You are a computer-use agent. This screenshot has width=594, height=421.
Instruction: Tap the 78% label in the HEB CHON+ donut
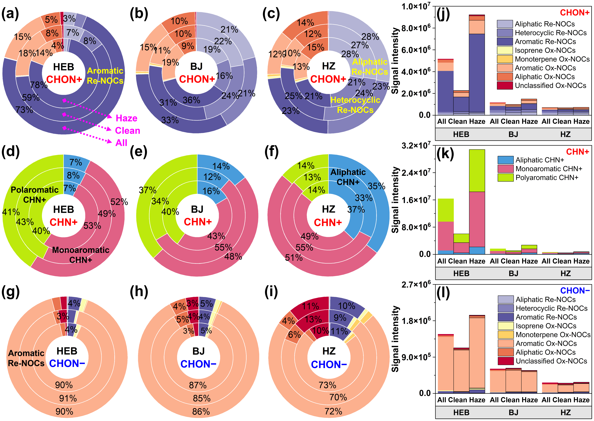click(x=39, y=85)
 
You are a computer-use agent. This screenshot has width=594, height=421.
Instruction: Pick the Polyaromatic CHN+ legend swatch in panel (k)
click(x=505, y=178)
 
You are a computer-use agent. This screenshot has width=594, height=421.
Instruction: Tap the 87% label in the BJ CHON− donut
click(x=198, y=385)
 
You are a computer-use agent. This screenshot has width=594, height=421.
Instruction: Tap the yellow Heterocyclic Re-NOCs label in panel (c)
click(x=355, y=105)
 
